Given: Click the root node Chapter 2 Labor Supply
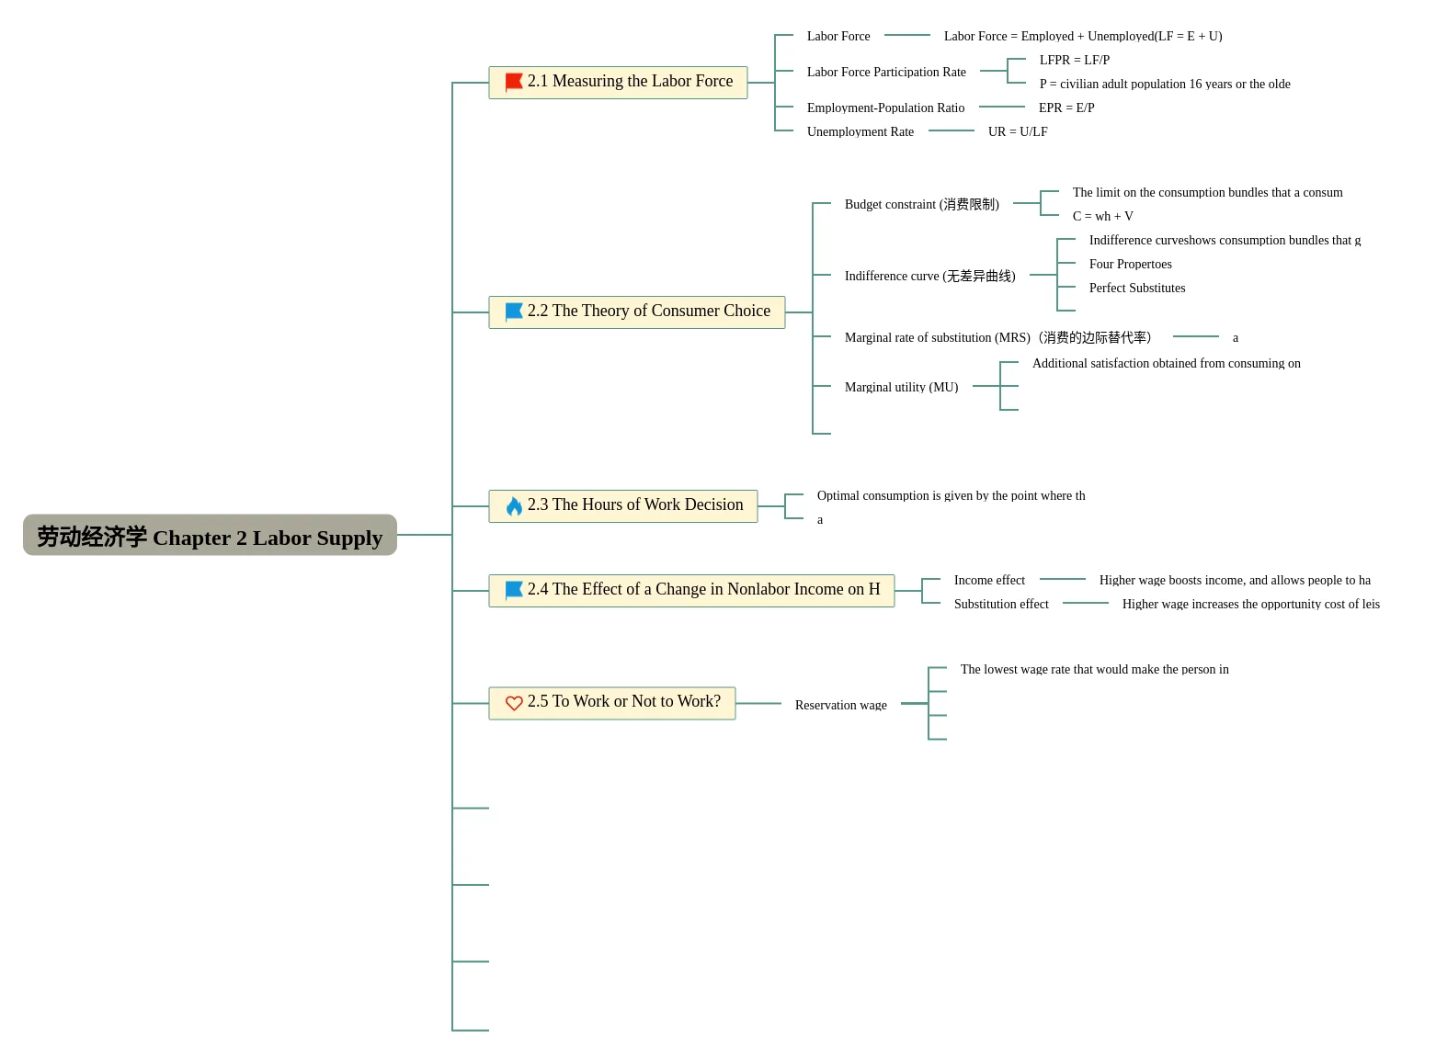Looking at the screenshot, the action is [211, 537].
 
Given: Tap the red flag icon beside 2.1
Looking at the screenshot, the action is [515, 82].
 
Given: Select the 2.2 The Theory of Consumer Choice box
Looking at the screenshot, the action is [638, 312].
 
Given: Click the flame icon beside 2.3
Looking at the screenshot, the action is [515, 507].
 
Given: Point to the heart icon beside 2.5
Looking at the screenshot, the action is [515, 705].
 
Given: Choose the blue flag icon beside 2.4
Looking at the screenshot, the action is [515, 591].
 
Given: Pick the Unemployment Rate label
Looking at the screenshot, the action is [861, 132].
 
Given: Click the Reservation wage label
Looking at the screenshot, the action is [842, 706].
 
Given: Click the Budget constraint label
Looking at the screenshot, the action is [923, 204].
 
